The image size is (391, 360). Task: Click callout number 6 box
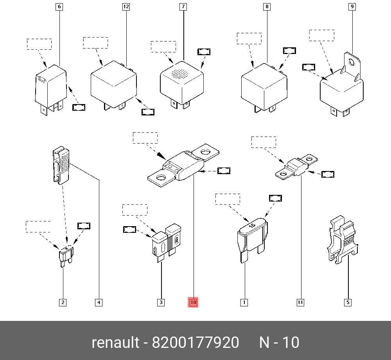click(x=59, y=7)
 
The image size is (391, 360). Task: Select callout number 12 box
click(x=126, y=7)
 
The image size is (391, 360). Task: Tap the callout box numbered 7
click(x=183, y=7)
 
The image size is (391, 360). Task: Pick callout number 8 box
click(x=267, y=7)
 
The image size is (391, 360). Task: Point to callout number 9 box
click(x=352, y=7)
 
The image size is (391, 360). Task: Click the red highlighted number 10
click(x=193, y=302)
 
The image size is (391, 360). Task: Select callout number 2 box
click(x=63, y=302)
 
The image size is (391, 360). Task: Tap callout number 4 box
click(x=99, y=302)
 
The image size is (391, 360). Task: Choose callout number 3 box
click(x=161, y=302)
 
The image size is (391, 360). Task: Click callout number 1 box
click(x=244, y=302)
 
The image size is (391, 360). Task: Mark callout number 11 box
click(x=300, y=302)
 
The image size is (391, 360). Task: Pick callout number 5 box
click(x=348, y=302)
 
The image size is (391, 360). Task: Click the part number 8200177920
click(x=195, y=343)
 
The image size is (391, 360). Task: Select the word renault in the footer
click(x=115, y=343)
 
